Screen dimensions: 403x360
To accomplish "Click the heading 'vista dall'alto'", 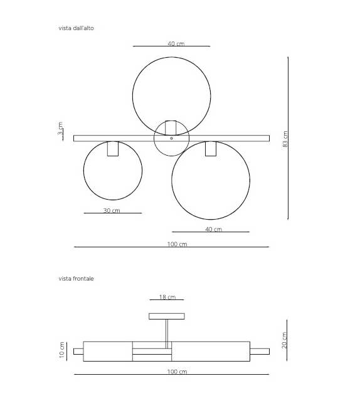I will (77, 28).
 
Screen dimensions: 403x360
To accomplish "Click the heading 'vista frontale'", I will (76, 278).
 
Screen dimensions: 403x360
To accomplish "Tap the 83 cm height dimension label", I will (285, 139).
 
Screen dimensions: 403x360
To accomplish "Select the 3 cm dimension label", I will (60, 129).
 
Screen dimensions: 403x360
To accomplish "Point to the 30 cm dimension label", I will (112, 210).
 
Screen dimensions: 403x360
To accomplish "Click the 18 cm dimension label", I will (167, 297).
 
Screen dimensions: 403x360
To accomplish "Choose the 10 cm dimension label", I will (62, 350).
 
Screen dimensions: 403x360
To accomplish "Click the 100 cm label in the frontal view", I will (177, 372).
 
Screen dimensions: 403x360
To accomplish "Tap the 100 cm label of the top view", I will (177, 244).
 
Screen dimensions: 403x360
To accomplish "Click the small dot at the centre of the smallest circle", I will (171, 138).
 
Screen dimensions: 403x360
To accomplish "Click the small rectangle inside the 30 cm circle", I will (113, 149).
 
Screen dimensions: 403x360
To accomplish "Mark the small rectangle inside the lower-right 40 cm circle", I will (211, 149).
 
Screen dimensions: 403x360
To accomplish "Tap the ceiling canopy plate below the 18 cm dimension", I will (167, 316).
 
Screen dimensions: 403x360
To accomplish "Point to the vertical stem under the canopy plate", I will (167, 333).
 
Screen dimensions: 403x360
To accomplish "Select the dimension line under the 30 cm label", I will (113, 214).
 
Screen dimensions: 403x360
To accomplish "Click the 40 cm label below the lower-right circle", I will (213, 229).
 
